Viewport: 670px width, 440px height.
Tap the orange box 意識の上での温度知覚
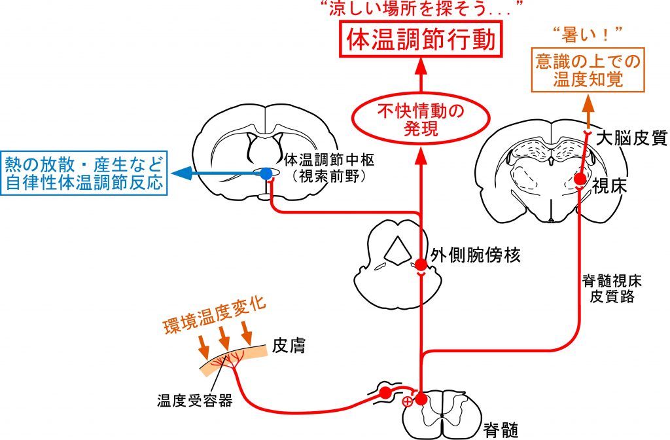pos(588,70)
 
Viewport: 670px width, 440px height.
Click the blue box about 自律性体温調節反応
pos(84,173)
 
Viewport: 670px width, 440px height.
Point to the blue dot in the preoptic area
pos(266,173)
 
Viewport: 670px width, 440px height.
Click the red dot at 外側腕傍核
pos(421,264)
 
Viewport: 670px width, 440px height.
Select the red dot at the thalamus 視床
pos(580,178)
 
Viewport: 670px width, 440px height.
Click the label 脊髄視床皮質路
pos(612,289)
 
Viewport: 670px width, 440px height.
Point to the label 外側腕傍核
pos(475,255)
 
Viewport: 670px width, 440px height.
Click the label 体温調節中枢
pos(329,160)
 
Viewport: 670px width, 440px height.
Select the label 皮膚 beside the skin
pos(289,346)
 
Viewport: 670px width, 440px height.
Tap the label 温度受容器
pos(194,401)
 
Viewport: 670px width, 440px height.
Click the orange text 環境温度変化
pos(215,316)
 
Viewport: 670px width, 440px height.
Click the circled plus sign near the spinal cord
pos(408,401)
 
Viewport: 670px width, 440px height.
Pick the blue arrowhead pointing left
pos(182,173)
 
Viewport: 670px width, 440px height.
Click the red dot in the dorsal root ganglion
pos(385,393)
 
